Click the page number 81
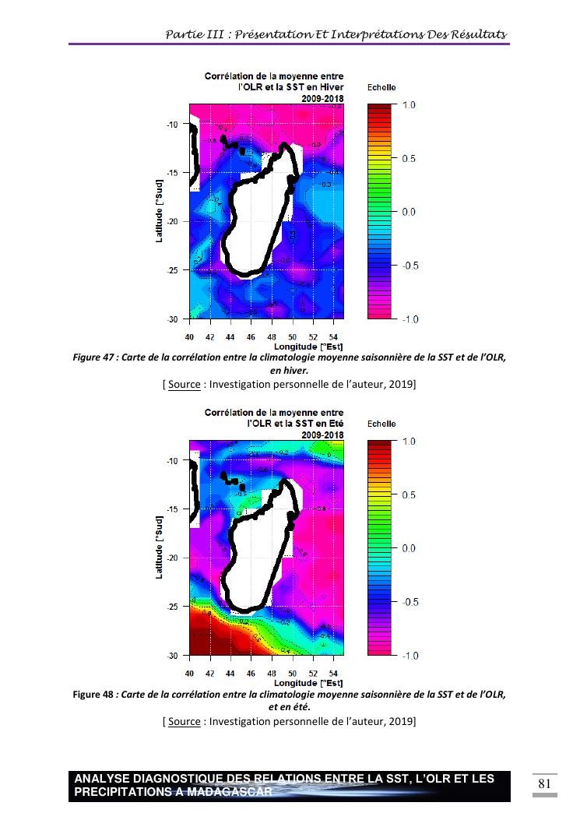pos(544,783)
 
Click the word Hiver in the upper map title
pos(332,88)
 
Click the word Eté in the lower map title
pos(335,424)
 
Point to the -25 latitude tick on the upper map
pos(172,270)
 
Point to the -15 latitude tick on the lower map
pos(172,509)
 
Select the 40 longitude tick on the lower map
pos(189,672)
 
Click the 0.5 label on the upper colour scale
pos(409,159)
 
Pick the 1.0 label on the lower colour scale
pos(409,442)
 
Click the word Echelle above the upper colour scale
pos(381,88)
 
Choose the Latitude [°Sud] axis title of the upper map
pos(159,212)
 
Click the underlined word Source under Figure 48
pos(185,721)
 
